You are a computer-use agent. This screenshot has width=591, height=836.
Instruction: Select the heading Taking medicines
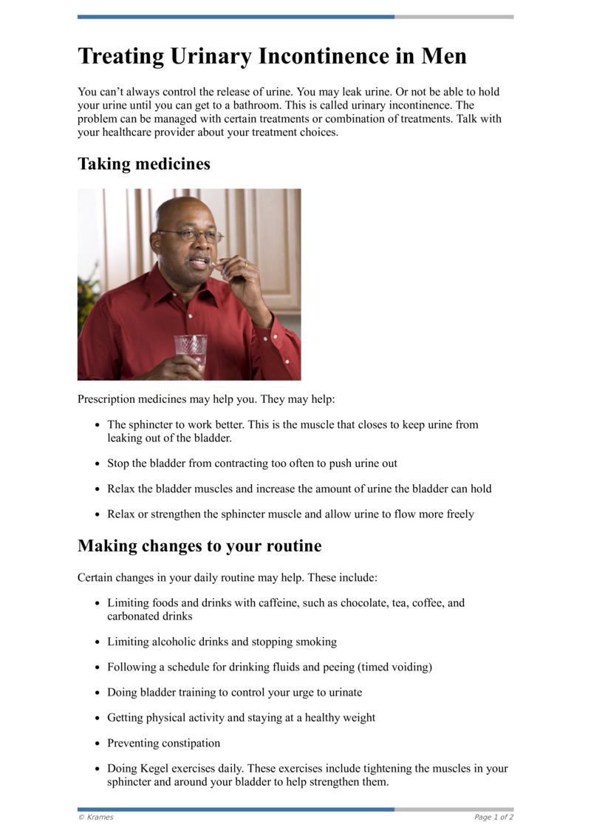coord(144,164)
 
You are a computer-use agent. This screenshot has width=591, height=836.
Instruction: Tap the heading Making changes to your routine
coord(199,546)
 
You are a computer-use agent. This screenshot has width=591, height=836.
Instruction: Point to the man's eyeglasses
coord(191,236)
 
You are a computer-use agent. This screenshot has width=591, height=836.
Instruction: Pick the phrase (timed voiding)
coord(394,667)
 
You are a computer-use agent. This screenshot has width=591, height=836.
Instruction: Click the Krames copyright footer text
coord(96,817)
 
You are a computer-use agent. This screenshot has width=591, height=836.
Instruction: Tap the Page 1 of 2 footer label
coord(493,817)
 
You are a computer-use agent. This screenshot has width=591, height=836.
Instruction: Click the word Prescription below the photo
coord(106,399)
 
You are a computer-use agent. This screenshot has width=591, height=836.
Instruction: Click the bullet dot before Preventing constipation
coord(98,743)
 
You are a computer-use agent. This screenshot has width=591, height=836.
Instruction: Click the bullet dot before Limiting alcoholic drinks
coord(98,642)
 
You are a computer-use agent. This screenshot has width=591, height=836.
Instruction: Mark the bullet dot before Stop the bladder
coord(98,464)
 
